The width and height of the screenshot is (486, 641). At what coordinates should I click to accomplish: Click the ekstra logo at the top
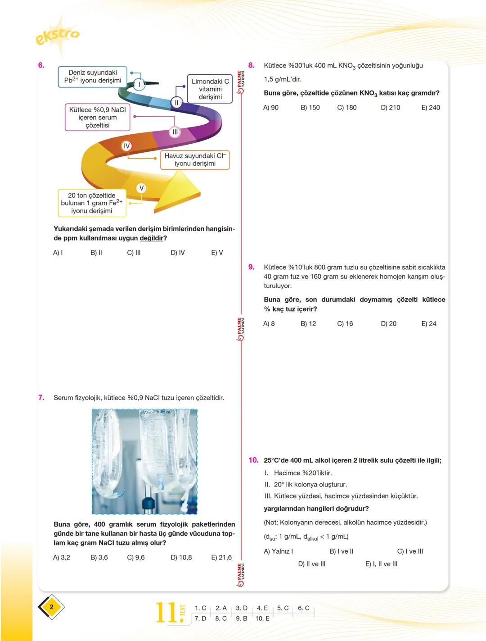click(x=57, y=35)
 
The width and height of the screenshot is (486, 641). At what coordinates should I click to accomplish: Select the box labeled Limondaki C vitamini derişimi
click(x=210, y=89)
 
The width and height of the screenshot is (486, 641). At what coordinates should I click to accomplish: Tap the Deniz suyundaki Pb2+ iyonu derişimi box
click(x=93, y=77)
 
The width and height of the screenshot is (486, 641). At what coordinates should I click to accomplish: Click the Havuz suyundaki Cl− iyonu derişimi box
click(x=194, y=160)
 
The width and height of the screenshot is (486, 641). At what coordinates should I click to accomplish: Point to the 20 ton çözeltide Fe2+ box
click(x=92, y=203)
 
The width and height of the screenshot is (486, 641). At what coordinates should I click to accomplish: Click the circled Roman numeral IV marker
click(x=126, y=146)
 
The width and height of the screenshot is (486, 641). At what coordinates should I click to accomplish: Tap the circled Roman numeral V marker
click(x=141, y=188)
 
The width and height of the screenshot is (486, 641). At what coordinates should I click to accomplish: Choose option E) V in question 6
click(x=217, y=253)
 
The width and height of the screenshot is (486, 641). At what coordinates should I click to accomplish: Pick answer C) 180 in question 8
click(x=346, y=108)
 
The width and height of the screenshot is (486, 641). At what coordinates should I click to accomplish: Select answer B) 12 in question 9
click(x=308, y=324)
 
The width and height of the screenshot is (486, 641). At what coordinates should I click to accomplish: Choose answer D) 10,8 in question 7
click(x=181, y=558)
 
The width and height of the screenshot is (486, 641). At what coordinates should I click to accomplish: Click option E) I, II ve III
click(x=381, y=564)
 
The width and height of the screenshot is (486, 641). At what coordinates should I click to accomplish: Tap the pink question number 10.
click(x=253, y=460)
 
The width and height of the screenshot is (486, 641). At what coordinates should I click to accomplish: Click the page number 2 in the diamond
click(x=51, y=607)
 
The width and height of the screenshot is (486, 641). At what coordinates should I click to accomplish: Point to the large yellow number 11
click(x=166, y=613)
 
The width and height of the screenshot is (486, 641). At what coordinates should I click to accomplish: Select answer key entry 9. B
click(x=242, y=618)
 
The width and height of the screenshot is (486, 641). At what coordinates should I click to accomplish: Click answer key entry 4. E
click(x=262, y=608)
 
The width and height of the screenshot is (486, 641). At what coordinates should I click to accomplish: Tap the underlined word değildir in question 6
click(x=152, y=238)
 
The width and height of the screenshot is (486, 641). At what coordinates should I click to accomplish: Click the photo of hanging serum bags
click(x=145, y=462)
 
